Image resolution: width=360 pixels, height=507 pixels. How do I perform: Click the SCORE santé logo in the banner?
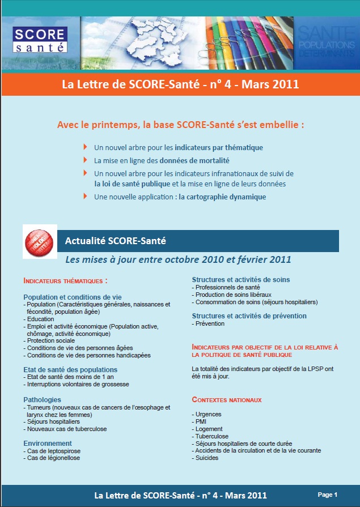tap(40, 38)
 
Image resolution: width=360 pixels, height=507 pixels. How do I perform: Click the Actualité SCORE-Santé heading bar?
tap(198, 241)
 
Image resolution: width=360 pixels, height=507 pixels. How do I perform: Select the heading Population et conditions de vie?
tap(73, 297)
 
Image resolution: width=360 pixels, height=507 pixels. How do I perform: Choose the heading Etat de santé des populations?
tap(70, 369)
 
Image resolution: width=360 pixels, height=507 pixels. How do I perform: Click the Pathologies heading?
tap(42, 399)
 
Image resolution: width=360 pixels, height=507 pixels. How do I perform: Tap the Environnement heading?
tap(48, 443)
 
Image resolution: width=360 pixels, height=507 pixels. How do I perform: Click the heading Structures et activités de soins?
tap(241, 280)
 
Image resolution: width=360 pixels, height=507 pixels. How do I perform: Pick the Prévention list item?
tap(210, 323)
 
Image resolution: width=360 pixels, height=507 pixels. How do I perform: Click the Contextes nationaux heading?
tap(227, 399)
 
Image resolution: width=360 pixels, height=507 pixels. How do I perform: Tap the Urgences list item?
tap(207, 414)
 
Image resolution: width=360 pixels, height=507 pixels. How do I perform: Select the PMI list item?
tap(201, 421)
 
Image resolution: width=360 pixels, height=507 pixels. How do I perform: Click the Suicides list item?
tap(207, 458)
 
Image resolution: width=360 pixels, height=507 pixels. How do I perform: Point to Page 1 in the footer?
tap(327, 494)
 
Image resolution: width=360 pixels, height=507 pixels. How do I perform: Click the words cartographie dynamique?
tap(222, 197)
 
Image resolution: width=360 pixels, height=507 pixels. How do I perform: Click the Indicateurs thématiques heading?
tap(65, 280)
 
